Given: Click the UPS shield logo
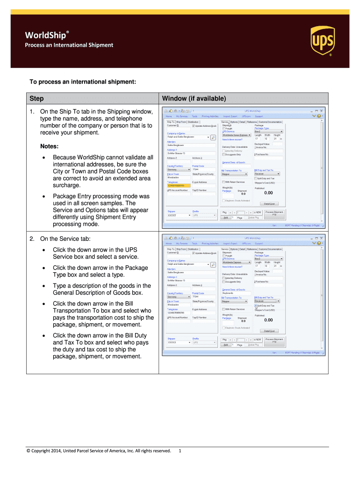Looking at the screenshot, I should pyautogui.click(x=322, y=40).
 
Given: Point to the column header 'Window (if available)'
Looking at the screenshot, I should pyautogui.click(x=194, y=99).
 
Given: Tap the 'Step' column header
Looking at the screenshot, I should pyautogui.click(x=36, y=99).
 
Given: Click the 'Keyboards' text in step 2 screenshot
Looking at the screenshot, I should pyautogui.click(x=228, y=293).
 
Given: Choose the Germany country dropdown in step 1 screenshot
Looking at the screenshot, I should pyautogui.click(x=179, y=169).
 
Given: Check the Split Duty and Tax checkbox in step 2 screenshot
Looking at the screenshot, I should pyautogui.click(x=255, y=305).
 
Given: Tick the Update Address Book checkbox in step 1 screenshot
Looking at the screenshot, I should pyautogui.click(x=194, y=126).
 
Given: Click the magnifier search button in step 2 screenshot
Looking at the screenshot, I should pyautogui.click(x=214, y=265).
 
